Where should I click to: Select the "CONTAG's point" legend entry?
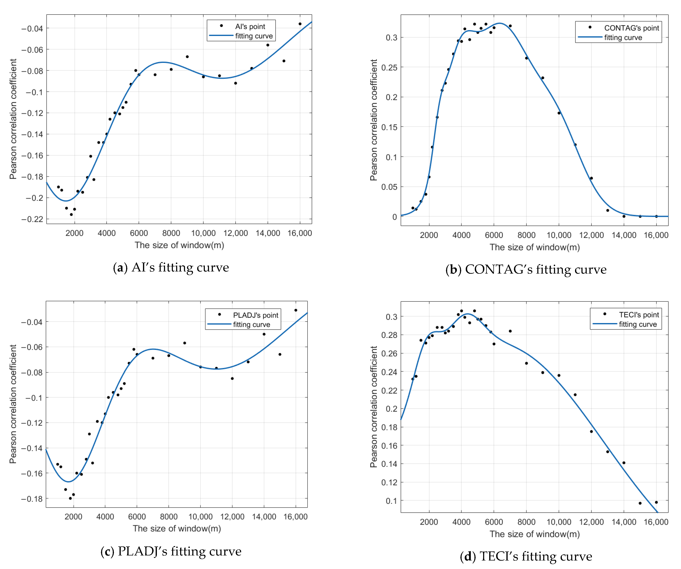coord(631,28)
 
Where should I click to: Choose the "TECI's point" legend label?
coord(638,315)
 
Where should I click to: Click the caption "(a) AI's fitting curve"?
coord(171,268)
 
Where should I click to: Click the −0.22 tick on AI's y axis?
coord(32,219)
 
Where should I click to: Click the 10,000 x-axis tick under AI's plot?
coord(203,233)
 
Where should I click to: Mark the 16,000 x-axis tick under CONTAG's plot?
coord(656,235)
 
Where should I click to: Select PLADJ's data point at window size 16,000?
coord(296,310)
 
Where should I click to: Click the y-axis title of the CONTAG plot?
coord(374,120)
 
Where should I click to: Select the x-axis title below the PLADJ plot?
coord(177,529)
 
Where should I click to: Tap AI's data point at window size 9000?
coord(187,57)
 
